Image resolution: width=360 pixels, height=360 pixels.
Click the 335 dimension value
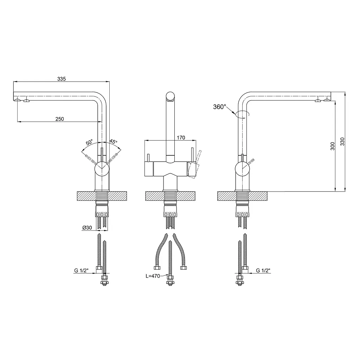tap(62, 79)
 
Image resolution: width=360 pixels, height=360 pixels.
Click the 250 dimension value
tap(60, 119)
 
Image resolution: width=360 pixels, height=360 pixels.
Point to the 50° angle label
tap(89, 142)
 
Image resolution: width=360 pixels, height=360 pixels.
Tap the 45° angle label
tap(113, 141)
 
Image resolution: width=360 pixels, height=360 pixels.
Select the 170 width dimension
tap(181, 137)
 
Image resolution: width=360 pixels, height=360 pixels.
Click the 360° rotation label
tap(219, 107)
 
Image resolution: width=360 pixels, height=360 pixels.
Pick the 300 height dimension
tap(333, 146)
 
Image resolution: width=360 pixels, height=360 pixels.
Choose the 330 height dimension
tap(342, 141)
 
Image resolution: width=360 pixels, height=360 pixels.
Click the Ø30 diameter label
tap(87, 227)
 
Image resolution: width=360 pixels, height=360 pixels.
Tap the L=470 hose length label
tap(153, 276)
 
